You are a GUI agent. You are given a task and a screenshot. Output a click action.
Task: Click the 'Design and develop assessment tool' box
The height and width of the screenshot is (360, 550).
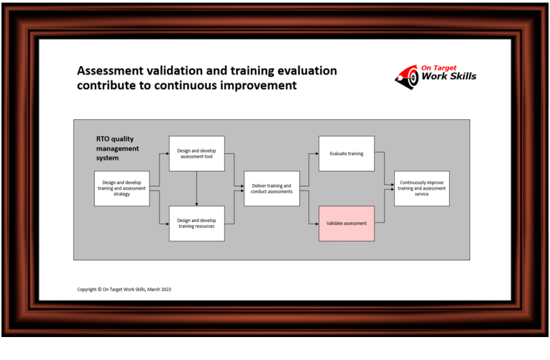[196, 153]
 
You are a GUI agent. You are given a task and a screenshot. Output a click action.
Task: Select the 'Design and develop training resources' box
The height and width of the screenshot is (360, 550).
[196, 223]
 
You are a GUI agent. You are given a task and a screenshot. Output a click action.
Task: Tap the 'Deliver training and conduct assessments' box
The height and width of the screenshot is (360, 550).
[272, 189]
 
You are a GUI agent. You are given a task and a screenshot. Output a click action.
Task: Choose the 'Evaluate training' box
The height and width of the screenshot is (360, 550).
[346, 153]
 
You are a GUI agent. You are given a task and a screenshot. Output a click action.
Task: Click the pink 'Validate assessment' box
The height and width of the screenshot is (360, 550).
[346, 223]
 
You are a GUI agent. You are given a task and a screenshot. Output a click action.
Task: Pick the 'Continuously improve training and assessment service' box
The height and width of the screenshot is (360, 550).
[422, 189]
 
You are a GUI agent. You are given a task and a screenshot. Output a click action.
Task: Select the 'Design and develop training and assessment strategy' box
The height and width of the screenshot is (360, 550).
[122, 189]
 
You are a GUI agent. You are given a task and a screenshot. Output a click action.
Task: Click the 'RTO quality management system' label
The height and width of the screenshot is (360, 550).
[117, 149]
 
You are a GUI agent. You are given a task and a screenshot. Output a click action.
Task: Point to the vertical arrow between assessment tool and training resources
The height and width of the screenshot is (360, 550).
[196, 189]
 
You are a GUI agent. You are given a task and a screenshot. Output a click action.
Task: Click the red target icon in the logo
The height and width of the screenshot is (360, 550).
[407, 77]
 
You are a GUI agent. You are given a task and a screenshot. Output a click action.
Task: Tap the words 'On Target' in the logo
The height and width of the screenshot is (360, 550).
[439, 67]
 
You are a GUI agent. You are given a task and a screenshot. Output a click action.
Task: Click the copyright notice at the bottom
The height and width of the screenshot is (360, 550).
[124, 289]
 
